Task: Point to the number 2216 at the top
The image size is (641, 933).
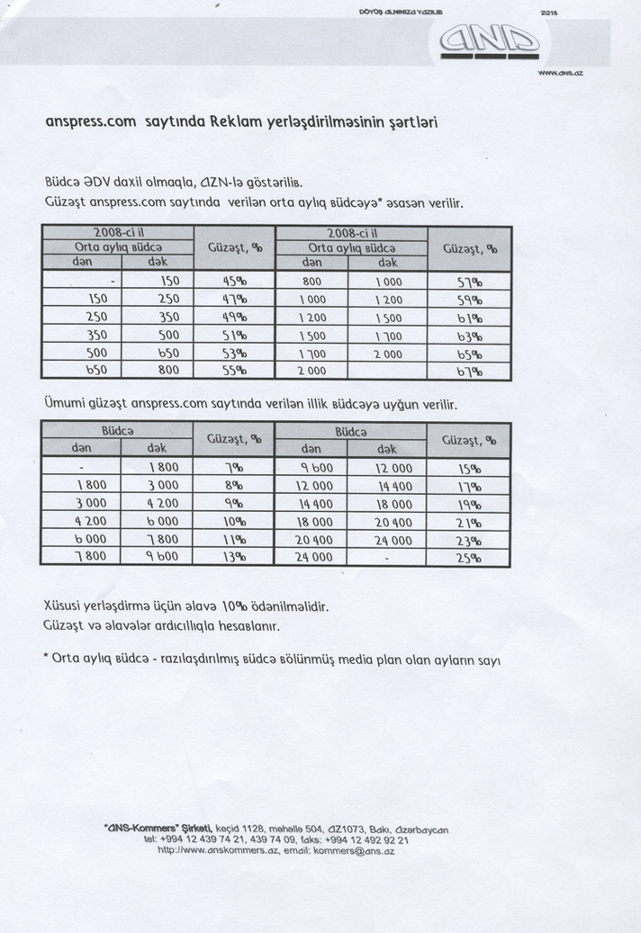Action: click(x=549, y=13)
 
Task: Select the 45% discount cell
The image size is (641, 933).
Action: click(x=234, y=281)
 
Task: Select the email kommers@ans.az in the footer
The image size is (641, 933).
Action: click(x=348, y=849)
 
